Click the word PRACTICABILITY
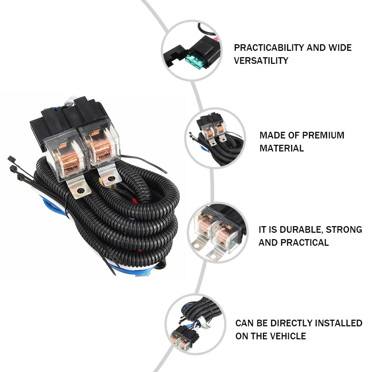point(269,48)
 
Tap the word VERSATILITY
point(261,61)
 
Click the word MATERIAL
point(282,148)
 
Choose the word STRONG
point(344,230)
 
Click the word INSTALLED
point(339,323)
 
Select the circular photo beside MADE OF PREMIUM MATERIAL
point(215,138)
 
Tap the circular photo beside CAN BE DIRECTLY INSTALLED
point(195,324)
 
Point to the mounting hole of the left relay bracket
point(81,190)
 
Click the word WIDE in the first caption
point(340,48)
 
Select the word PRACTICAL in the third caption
point(305,243)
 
